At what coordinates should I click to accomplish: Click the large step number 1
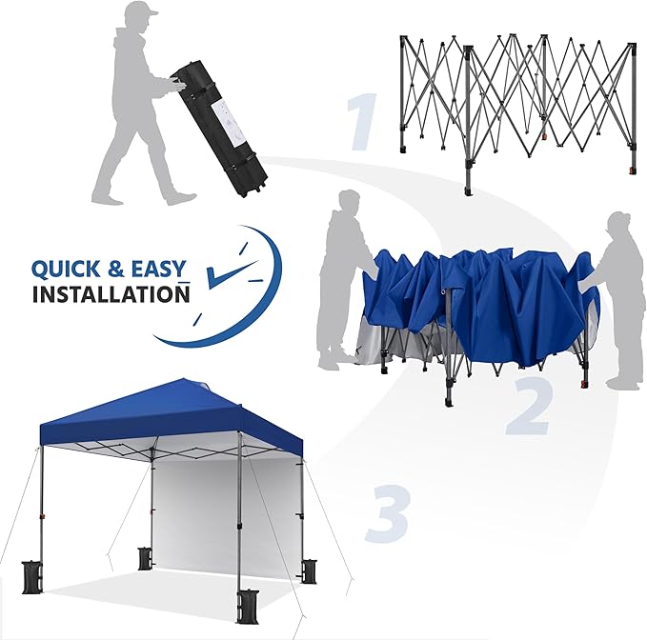coord(363,122)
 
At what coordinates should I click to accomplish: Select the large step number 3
coord(388,512)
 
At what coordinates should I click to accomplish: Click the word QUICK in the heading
coord(66,270)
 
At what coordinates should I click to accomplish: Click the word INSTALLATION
coord(111,294)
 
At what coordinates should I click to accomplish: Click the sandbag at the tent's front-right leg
coord(247,607)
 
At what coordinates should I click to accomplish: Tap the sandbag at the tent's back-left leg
coord(144,558)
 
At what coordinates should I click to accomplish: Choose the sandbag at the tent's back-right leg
coord(310,571)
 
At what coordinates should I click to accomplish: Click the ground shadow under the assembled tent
coord(165,594)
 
